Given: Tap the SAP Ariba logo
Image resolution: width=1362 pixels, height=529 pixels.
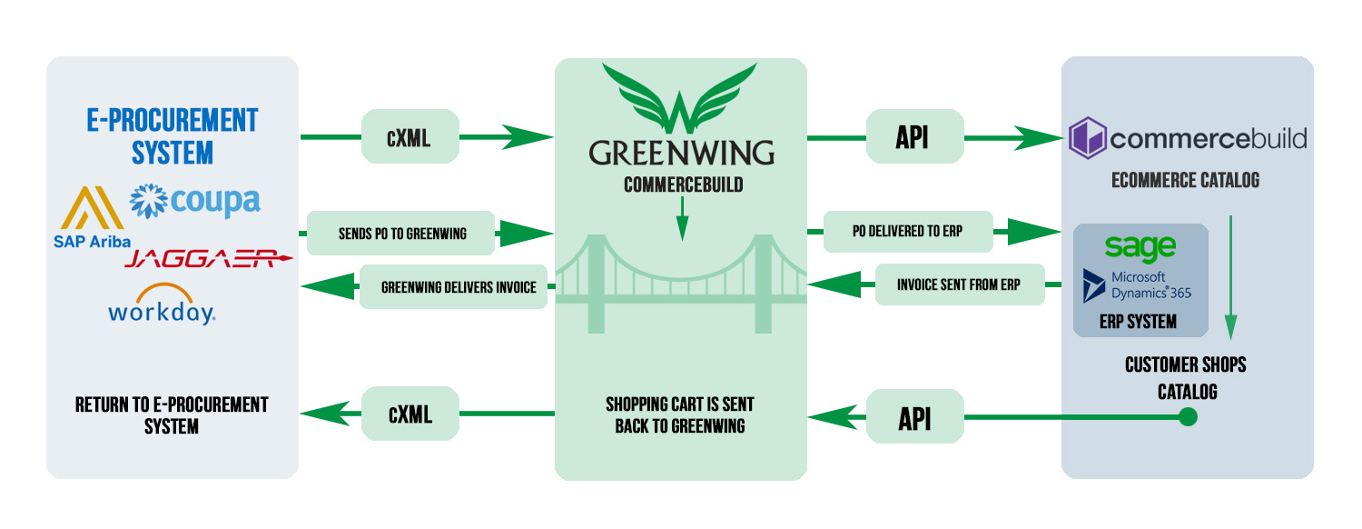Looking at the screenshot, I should [x=92, y=218].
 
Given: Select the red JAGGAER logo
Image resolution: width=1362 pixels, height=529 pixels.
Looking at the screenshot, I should [x=210, y=260].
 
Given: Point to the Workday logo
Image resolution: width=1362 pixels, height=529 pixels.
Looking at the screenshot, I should [x=162, y=305].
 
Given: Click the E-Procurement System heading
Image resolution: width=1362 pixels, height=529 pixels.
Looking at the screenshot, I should [x=173, y=135].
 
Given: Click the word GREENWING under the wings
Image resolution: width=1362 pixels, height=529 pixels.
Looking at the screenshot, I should [x=681, y=152].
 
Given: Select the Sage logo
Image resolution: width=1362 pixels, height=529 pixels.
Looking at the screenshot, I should [x=1140, y=246].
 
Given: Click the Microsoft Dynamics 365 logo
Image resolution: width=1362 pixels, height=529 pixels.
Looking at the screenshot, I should [x=1139, y=284].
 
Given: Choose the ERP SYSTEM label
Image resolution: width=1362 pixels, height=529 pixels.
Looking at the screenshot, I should [x=1138, y=322].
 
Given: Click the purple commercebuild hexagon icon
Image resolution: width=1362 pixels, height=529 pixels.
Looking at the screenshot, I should [x=1087, y=139].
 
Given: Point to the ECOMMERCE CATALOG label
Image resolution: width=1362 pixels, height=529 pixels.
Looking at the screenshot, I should [x=1185, y=180].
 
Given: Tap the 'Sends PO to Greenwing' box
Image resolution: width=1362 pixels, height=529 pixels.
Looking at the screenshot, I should [x=400, y=234].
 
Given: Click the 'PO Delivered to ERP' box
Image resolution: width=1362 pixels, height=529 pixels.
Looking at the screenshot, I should [x=907, y=232].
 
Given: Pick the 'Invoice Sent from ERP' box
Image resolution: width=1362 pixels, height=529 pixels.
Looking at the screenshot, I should [x=959, y=284].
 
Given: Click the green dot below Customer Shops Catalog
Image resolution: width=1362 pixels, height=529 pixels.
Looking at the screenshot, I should [x=1187, y=417].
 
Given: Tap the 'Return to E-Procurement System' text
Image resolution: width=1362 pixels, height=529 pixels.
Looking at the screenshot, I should [x=172, y=414].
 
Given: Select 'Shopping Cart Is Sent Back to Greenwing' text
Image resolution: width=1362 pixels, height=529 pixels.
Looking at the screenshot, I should [x=680, y=414].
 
